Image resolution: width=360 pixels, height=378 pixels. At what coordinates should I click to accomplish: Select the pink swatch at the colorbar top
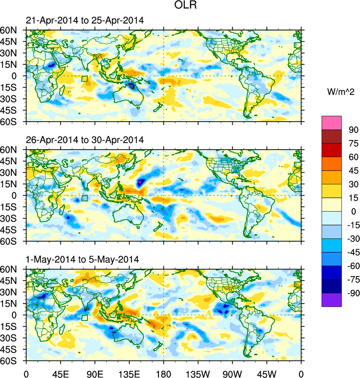(x=332, y=122)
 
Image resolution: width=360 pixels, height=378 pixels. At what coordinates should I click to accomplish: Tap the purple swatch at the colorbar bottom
(x=332, y=300)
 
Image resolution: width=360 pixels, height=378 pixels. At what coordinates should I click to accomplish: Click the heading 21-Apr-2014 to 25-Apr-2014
(x=84, y=21)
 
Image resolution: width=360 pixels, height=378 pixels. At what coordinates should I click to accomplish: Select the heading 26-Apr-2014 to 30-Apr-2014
(x=84, y=140)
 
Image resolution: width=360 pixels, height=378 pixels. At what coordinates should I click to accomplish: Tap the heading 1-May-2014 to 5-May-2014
(x=82, y=259)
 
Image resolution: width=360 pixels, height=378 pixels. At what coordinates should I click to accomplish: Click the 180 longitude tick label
(x=164, y=373)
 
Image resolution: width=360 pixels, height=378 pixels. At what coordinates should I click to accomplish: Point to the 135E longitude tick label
(x=129, y=373)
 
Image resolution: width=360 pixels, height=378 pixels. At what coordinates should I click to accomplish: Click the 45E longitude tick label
(x=60, y=373)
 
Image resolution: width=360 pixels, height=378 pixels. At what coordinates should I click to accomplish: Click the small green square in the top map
(x=84, y=79)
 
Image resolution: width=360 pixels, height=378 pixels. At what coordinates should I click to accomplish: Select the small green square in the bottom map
(x=84, y=318)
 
